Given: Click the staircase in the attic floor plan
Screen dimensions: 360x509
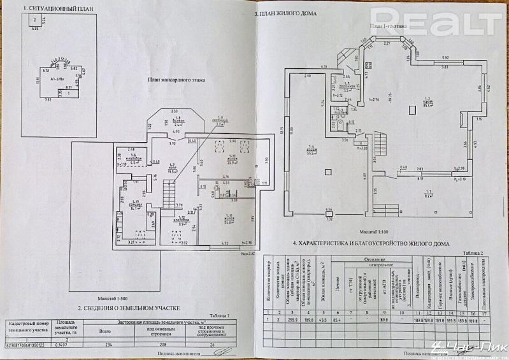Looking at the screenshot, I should [169, 190].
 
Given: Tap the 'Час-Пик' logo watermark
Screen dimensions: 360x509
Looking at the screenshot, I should [454, 349].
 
